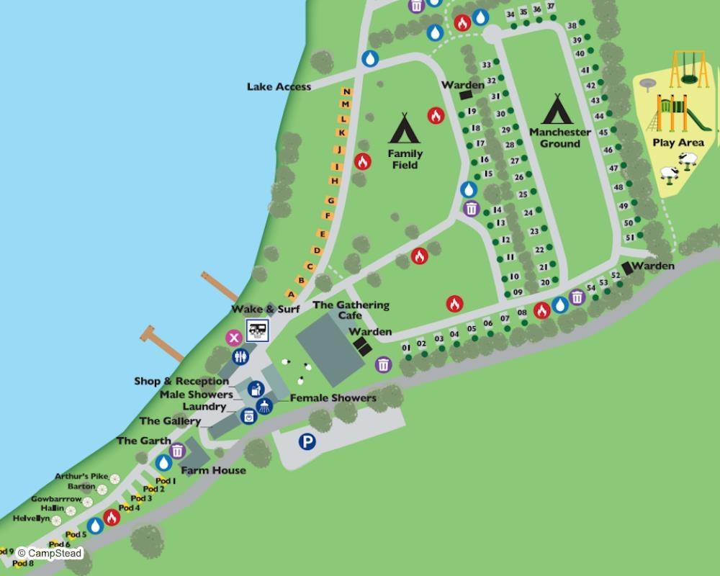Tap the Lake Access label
(x=279, y=87)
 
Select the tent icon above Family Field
(x=405, y=128)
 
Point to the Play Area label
(x=678, y=143)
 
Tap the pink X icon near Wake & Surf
(x=233, y=337)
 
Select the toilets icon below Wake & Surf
(x=240, y=356)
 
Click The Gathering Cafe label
(x=351, y=310)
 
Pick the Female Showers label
(x=333, y=398)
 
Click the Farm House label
(x=213, y=471)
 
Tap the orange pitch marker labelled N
(x=346, y=91)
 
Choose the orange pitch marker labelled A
(x=291, y=294)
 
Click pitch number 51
(x=629, y=237)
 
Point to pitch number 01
(x=406, y=348)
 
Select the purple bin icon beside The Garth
(x=177, y=451)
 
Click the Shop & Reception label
(x=181, y=382)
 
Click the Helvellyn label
(x=31, y=518)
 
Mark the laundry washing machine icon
(x=249, y=416)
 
